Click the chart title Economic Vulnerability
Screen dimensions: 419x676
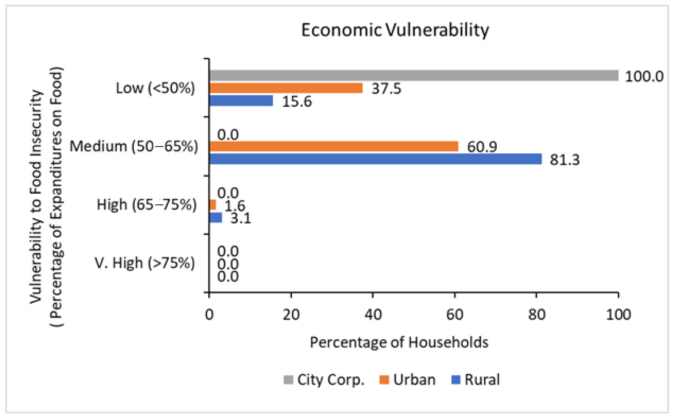(395, 30)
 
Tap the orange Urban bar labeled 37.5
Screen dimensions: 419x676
(286, 88)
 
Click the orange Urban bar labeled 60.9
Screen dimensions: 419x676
(334, 146)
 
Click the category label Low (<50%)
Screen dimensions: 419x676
(155, 88)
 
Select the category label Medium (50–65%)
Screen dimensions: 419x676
(134, 146)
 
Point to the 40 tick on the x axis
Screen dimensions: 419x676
(373, 315)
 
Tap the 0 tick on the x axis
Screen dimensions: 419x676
(209, 315)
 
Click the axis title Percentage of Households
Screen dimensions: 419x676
(399, 342)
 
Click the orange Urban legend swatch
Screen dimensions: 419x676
(384, 380)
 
